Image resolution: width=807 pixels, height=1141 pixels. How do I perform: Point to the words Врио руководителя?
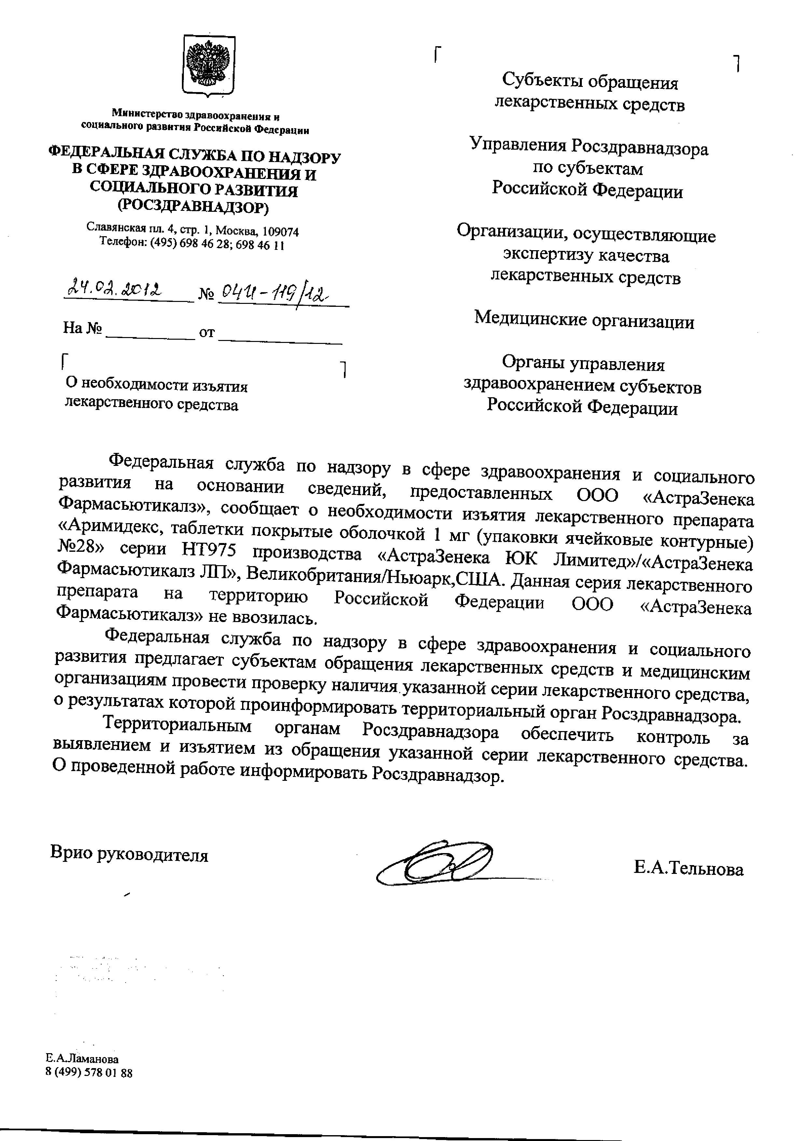point(129,854)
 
